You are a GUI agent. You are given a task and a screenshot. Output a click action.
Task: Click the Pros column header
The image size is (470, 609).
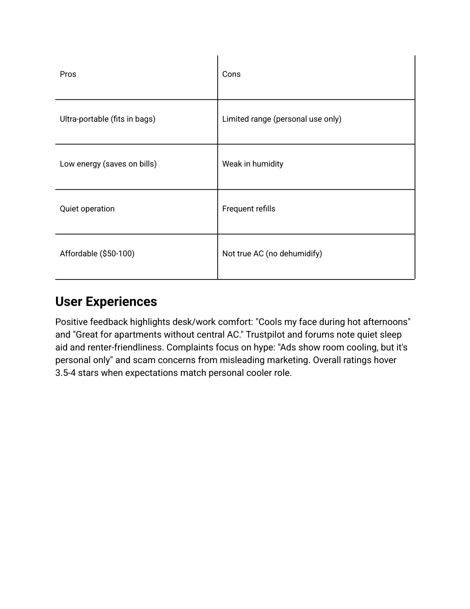click(x=68, y=74)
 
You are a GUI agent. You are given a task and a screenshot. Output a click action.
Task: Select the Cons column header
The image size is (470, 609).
click(x=231, y=74)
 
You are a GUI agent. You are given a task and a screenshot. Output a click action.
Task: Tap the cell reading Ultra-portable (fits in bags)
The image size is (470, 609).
click(x=107, y=119)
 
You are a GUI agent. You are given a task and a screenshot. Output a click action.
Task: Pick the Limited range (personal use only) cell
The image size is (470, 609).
click(x=281, y=119)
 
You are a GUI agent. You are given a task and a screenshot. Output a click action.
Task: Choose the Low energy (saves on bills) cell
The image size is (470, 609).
click(x=108, y=164)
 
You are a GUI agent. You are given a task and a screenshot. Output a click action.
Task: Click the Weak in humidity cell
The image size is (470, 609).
click(x=252, y=164)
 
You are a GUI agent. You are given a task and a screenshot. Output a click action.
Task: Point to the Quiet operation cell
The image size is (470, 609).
click(x=87, y=209)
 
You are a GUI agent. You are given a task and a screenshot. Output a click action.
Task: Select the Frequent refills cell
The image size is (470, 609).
click(x=248, y=209)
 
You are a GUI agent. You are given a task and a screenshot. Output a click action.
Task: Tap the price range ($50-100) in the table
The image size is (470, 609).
click(x=117, y=254)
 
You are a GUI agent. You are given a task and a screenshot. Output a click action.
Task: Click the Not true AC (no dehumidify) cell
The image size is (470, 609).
click(x=272, y=254)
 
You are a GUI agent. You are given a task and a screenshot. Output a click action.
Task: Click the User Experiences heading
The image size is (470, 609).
click(x=106, y=302)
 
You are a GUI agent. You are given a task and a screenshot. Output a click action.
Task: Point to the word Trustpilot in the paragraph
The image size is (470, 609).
click(x=263, y=335)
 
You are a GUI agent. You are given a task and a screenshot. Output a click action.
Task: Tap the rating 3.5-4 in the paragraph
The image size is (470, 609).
click(x=66, y=373)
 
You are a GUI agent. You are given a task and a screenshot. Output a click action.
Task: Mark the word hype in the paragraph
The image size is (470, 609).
click(x=264, y=347)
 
